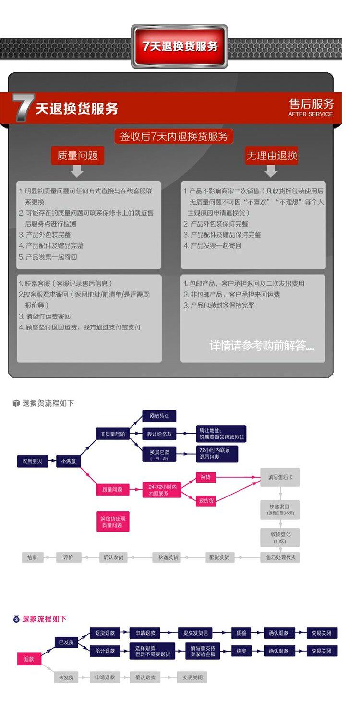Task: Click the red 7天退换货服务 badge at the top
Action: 179,46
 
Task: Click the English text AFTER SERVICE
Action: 310,114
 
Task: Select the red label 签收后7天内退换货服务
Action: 174,136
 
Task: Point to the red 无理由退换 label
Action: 271,156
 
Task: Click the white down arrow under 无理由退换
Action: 271,170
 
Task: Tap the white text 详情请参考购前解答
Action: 262,346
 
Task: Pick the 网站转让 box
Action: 159,416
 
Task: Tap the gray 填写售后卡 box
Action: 280,477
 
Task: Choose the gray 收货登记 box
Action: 280,536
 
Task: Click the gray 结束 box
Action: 32,557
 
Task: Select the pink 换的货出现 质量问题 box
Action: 112,522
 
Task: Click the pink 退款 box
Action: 29,659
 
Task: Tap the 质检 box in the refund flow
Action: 241,633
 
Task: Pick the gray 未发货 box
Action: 66,677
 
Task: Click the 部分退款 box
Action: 105,651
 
